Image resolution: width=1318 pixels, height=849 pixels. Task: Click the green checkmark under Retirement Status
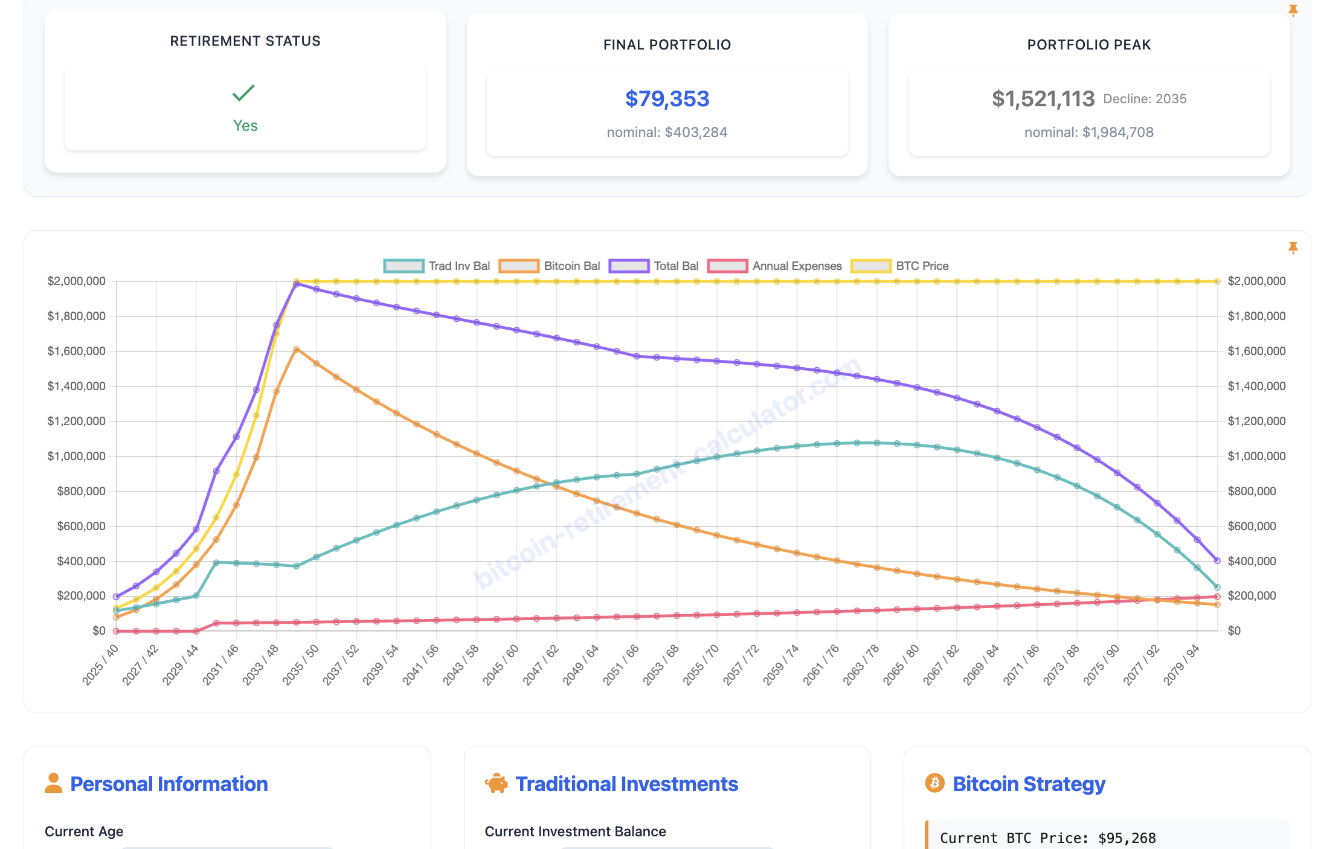tap(243, 93)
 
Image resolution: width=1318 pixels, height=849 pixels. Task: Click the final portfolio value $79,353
tap(667, 99)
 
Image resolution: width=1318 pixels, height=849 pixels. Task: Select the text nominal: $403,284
tap(667, 132)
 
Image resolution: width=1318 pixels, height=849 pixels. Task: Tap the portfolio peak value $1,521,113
tap(1043, 99)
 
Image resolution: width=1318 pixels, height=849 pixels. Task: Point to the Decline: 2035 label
tap(1145, 99)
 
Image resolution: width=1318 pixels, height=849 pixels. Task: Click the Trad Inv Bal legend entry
tap(437, 266)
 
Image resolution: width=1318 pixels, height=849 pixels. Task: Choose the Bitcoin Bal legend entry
tap(550, 266)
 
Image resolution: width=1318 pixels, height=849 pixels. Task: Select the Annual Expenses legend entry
tap(775, 266)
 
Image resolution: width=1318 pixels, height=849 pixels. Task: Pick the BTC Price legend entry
tap(900, 266)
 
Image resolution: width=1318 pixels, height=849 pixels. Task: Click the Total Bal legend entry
tap(654, 266)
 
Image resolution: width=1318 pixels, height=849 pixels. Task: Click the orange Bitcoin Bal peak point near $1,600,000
tap(297, 350)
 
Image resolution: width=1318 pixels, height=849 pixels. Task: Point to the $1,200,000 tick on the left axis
tap(77, 421)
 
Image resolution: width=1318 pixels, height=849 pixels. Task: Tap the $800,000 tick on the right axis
tap(1252, 491)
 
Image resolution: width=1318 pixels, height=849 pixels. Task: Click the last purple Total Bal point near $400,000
tap(1217, 560)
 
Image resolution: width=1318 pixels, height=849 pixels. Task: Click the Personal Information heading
tap(169, 784)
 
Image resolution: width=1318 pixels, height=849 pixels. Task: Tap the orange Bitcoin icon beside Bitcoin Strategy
tap(934, 783)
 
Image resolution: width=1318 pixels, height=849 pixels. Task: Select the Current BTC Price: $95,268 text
tap(1047, 838)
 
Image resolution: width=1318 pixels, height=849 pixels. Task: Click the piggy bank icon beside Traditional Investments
tap(497, 783)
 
